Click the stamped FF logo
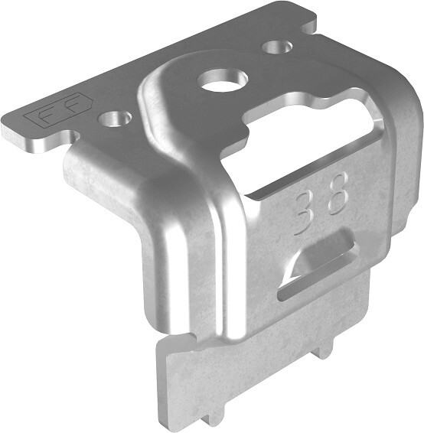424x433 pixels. pos(59,110)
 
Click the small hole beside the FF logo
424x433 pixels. pos(115,119)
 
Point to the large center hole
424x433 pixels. pos(223,82)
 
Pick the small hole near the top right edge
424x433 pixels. pos(277,47)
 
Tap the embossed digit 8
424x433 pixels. pos(337,194)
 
